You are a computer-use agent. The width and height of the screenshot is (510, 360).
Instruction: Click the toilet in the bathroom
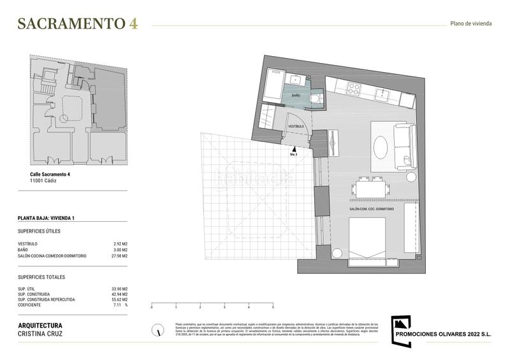pyautogui.click(x=315, y=99)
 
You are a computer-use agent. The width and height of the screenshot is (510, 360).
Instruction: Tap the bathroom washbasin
pyautogui.click(x=296, y=80)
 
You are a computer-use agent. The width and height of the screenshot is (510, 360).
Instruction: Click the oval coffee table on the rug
pyautogui.click(x=381, y=147)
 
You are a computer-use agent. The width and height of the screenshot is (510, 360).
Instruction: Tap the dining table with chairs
pyautogui.click(x=369, y=189)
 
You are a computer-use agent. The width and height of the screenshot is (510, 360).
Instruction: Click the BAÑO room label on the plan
pyautogui.click(x=296, y=95)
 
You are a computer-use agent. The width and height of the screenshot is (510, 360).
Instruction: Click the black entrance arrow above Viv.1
pyautogui.click(x=294, y=148)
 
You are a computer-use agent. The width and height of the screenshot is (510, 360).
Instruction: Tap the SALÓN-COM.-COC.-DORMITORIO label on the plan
pyautogui.click(x=372, y=209)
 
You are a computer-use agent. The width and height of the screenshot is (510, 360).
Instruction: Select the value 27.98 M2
pyautogui.click(x=119, y=256)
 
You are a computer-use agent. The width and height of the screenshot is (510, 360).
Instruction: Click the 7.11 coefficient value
pyautogui.click(x=117, y=305)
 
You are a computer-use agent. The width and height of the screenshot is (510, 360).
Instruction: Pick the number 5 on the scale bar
pyautogui.click(x=273, y=306)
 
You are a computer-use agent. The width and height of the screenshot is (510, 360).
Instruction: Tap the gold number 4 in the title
pyautogui.click(x=133, y=24)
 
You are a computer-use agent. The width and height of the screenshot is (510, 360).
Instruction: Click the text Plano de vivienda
pyautogui.click(x=470, y=24)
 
